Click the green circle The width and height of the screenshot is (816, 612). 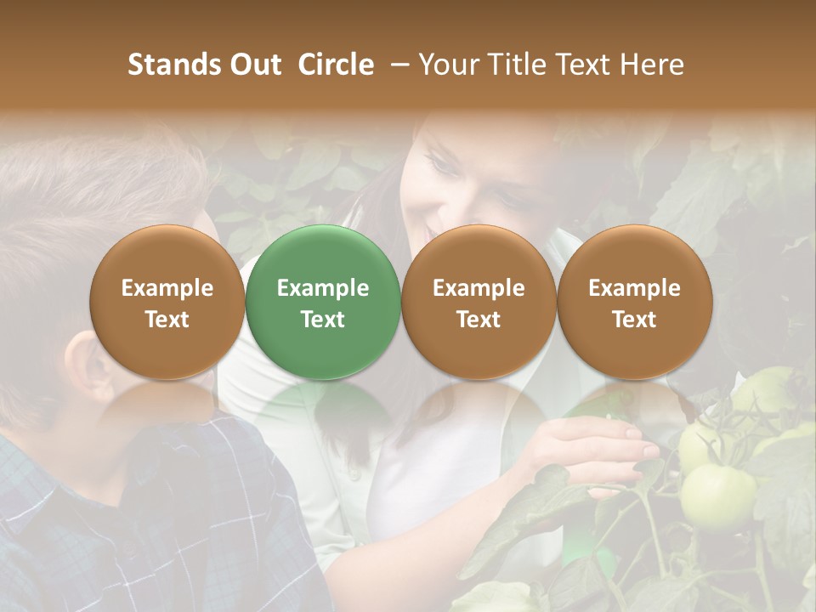point(323,303)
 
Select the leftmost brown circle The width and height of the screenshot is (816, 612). point(167,303)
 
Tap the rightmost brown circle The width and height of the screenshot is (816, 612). point(634,303)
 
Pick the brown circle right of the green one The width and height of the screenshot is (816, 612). point(479,303)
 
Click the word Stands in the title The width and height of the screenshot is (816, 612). point(175,65)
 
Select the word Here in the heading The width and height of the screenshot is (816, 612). point(651,65)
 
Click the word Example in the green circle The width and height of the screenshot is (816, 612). point(323,288)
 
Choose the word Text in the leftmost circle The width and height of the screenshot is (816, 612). point(167,320)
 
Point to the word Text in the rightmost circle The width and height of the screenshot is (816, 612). point(634,320)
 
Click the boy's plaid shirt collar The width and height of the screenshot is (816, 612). point(127,442)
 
